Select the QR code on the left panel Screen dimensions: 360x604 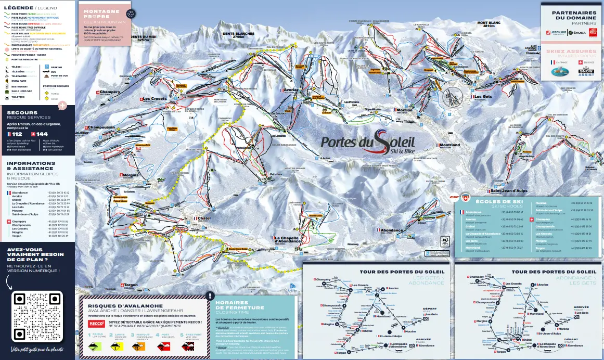(x=37, y=316)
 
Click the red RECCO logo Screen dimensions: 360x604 (x=97, y=324)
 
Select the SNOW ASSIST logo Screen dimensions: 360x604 (x=586, y=72)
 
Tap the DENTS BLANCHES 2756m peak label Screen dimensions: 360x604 (x=238, y=35)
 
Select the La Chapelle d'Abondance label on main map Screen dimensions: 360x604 (x=287, y=239)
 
